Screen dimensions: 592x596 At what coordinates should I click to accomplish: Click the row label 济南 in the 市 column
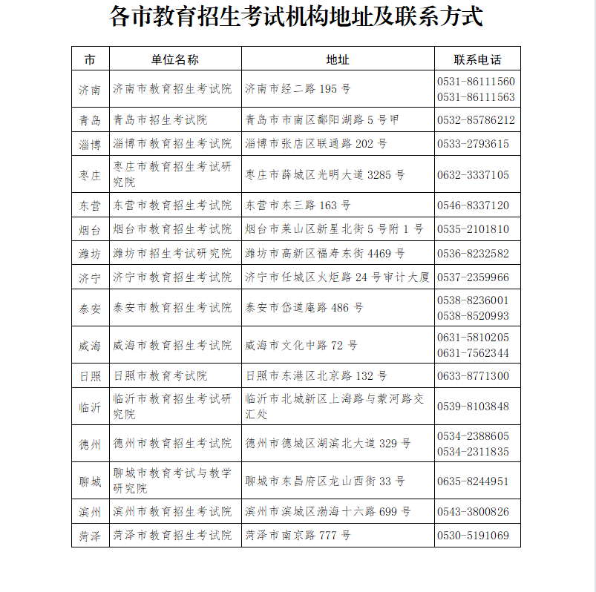(x=90, y=90)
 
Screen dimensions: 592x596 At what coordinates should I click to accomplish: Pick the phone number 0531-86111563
(x=476, y=97)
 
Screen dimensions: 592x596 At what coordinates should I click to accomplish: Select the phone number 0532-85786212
(x=476, y=120)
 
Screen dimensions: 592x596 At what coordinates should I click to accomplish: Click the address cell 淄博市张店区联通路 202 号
(x=316, y=144)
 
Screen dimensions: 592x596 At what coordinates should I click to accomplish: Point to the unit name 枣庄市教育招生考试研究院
(x=172, y=174)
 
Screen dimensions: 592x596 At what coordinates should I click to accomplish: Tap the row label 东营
(x=90, y=205)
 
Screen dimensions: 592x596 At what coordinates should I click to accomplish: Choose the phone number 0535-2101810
(x=473, y=229)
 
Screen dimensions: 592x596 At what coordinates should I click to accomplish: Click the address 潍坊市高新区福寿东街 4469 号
(x=325, y=254)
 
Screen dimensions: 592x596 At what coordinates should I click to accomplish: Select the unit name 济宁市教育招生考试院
(x=172, y=277)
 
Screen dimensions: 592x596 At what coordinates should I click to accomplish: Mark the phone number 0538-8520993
(x=473, y=315)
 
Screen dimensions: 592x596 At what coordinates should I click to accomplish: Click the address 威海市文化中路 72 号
(x=301, y=346)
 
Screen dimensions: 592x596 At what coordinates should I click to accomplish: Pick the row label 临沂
(x=90, y=407)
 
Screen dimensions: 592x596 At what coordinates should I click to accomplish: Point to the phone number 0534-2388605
(x=473, y=436)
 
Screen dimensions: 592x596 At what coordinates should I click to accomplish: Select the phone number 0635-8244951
(x=473, y=481)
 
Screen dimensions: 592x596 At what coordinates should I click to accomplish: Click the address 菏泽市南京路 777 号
(x=298, y=536)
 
